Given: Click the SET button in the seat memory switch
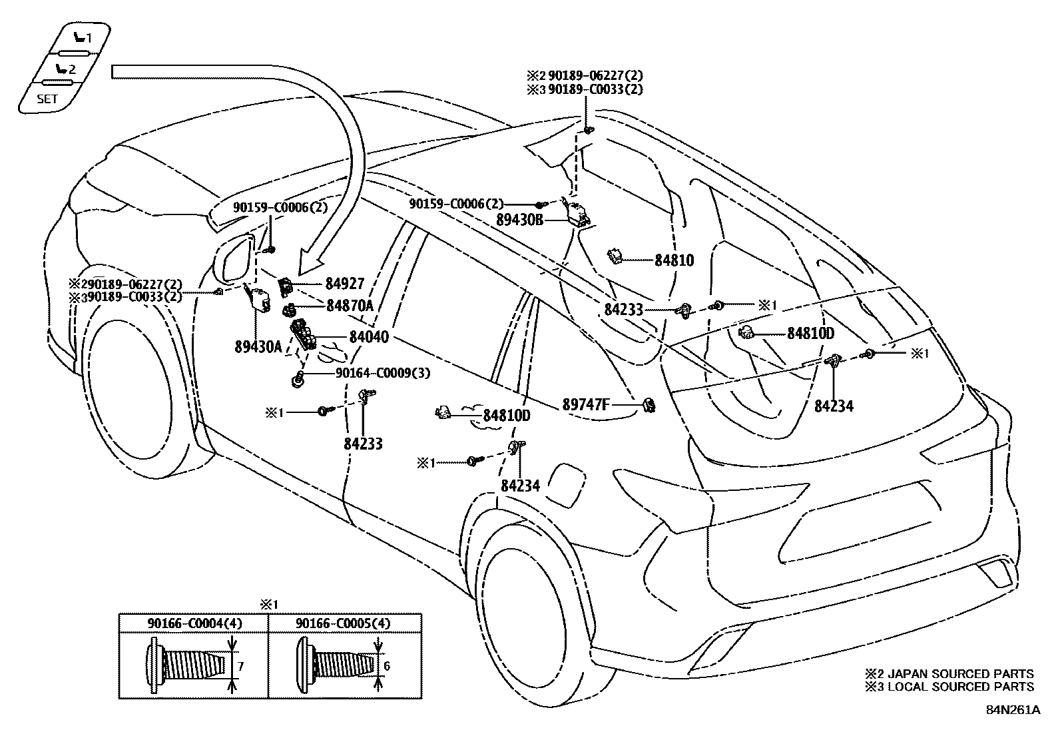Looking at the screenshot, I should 47,99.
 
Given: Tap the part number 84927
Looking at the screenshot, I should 344,284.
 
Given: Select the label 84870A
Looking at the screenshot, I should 350,305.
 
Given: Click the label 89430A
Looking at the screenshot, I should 258,346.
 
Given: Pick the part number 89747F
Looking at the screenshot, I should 585,404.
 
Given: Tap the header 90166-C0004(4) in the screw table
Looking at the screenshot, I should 194,623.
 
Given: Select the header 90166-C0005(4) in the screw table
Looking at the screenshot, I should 343,623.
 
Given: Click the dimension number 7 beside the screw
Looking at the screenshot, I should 242,665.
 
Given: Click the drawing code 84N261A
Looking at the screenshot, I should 1013,709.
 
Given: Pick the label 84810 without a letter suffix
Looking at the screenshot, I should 674,260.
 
